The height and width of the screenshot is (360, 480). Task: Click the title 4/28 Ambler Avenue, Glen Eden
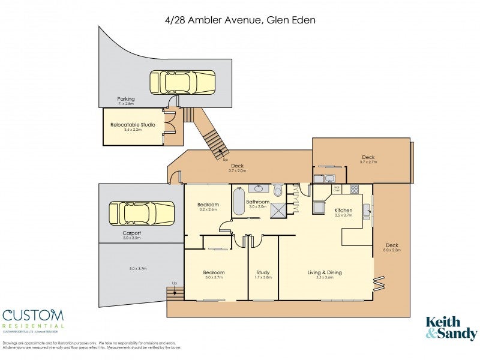[x=240, y=20]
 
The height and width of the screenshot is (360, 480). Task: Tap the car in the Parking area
[x=182, y=82]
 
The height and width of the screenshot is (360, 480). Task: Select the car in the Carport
[x=142, y=213]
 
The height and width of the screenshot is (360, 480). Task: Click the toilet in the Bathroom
[x=278, y=191]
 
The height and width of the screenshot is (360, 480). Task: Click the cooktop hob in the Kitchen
[x=354, y=189]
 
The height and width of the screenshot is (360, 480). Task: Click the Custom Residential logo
[x=33, y=319]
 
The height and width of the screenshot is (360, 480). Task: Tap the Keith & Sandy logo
[x=451, y=328]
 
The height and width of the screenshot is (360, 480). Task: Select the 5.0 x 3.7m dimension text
[x=138, y=268]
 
